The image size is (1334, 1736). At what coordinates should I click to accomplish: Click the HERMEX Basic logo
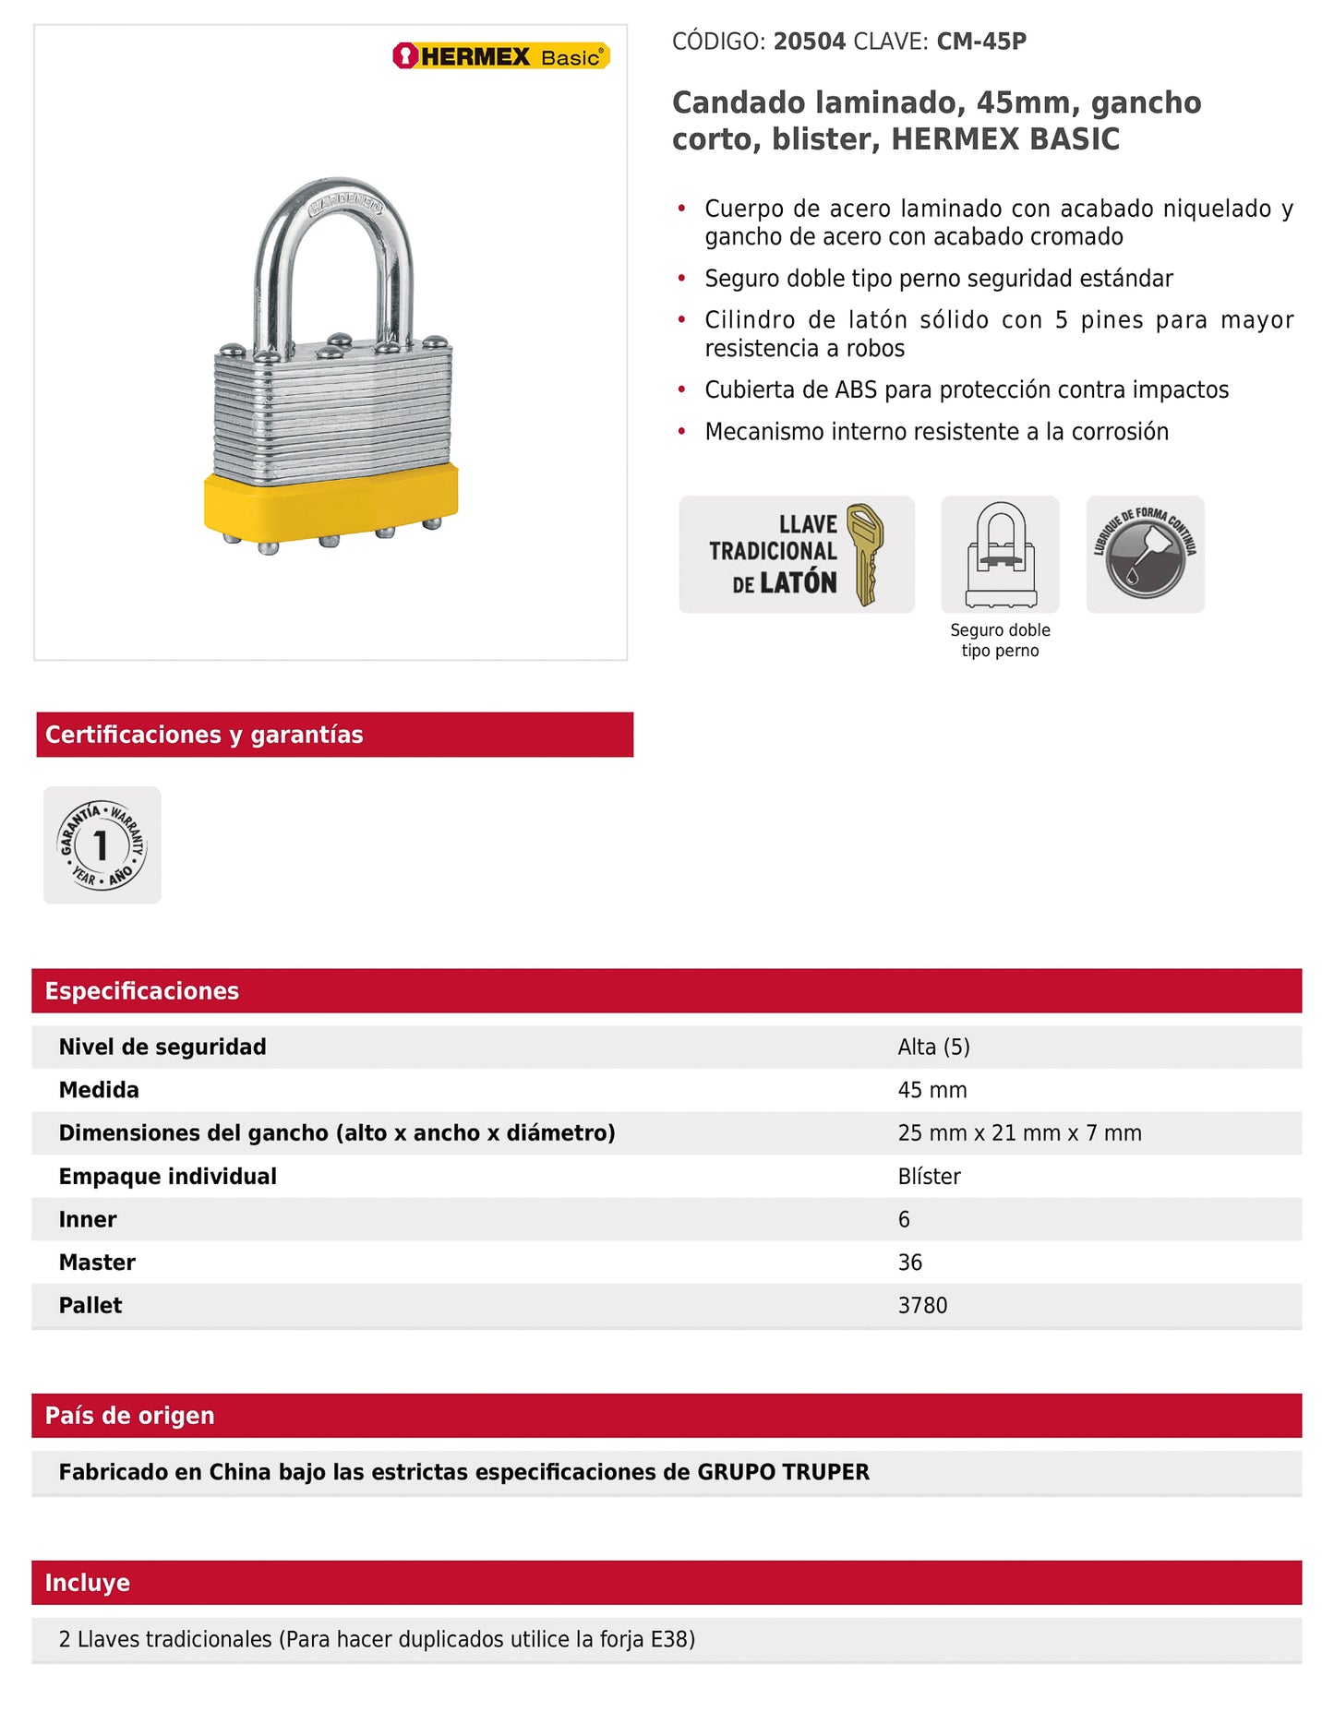[501, 56]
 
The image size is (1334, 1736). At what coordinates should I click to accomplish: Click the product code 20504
[809, 42]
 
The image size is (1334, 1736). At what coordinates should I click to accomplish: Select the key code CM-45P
[981, 42]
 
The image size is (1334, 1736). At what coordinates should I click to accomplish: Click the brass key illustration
[865, 554]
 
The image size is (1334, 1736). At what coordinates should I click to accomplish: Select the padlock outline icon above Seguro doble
[1000, 554]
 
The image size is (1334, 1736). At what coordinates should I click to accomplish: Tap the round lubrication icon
[1145, 554]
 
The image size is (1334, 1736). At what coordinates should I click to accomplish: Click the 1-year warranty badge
[102, 844]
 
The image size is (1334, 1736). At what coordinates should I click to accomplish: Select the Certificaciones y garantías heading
[204, 735]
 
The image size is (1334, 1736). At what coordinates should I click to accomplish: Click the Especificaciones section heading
[142, 991]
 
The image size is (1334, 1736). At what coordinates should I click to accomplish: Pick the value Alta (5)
[933, 1047]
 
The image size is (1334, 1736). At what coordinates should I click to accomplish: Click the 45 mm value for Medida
[932, 1090]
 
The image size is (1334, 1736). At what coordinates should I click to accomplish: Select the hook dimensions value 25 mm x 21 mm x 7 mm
[1019, 1133]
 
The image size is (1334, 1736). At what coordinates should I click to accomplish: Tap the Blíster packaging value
[929, 1177]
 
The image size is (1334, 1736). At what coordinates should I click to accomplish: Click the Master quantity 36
[909, 1263]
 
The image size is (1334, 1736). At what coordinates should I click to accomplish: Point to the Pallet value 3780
[922, 1306]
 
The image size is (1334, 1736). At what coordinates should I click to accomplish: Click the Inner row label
[88, 1220]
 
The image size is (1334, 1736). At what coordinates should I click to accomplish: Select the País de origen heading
[129, 1416]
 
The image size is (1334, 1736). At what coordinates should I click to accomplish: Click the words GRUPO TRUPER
[783, 1472]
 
